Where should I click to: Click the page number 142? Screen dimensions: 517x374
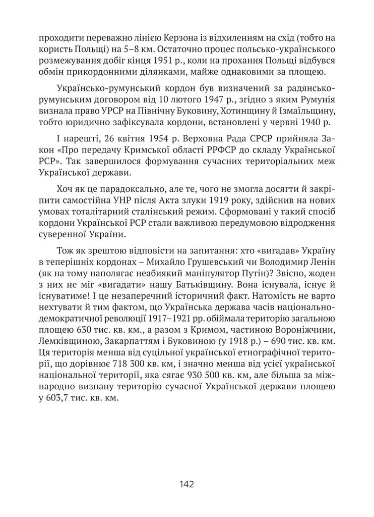tap(186, 484)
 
